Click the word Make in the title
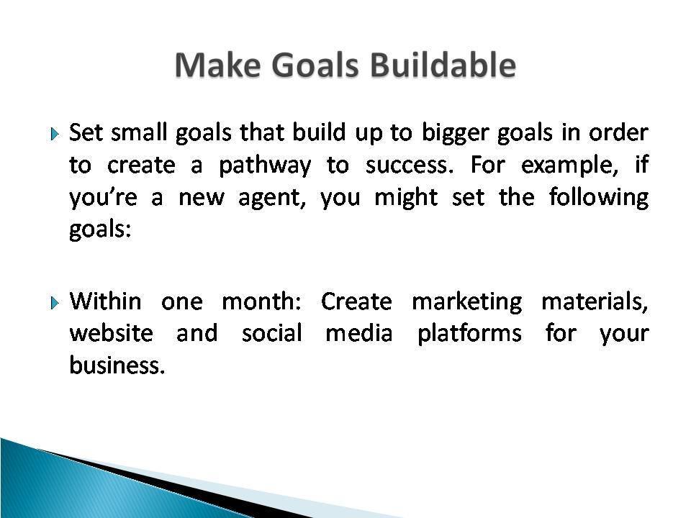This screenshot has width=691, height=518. click(217, 65)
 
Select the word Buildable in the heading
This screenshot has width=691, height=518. click(443, 64)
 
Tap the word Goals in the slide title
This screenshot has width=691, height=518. click(315, 65)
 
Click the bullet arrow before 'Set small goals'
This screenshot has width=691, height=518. click(55, 134)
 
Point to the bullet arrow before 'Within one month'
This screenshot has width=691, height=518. click(55, 303)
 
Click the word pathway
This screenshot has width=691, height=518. click(265, 166)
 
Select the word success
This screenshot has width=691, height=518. click(410, 165)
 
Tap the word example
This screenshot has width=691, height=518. click(569, 166)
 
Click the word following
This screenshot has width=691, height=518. click(599, 197)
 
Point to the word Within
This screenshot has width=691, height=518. click(105, 301)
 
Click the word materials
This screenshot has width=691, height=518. click(595, 301)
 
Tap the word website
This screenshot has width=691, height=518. click(112, 333)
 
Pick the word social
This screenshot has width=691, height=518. click(272, 333)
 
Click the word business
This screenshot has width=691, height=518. click(117, 365)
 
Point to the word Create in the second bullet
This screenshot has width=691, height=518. click(356, 301)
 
